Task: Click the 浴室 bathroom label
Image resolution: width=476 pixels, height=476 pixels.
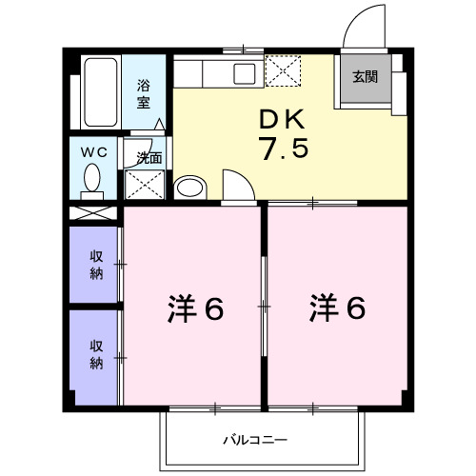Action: (x=143, y=91)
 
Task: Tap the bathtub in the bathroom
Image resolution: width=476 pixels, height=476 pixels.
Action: (x=99, y=93)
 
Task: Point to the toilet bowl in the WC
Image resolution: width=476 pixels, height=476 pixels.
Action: (x=93, y=178)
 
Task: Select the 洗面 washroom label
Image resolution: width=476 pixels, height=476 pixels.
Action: (x=148, y=158)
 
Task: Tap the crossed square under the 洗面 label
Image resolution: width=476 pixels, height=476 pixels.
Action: (x=146, y=182)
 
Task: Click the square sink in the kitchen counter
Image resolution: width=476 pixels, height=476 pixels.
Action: (x=246, y=73)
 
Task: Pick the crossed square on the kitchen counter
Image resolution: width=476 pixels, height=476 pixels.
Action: (x=283, y=70)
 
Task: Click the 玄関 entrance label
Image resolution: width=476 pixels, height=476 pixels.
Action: (x=365, y=77)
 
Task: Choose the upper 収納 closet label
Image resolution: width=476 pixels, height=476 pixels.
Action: (x=97, y=263)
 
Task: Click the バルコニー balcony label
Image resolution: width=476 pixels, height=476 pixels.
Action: (x=255, y=440)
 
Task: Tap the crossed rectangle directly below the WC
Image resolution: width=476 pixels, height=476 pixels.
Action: (x=93, y=212)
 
